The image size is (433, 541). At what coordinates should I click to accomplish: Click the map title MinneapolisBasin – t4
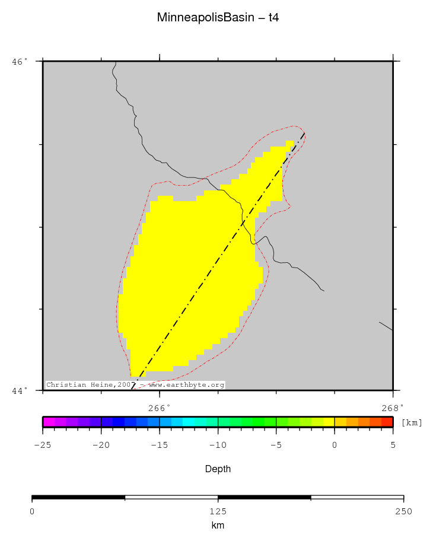(218, 18)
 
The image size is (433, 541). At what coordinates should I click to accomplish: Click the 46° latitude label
(20, 61)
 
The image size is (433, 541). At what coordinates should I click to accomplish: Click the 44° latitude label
(20, 390)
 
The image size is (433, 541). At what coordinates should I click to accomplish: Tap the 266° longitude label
(159, 408)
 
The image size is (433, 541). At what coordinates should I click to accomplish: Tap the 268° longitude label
(392, 408)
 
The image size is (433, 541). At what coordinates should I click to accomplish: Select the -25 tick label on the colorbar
(42, 445)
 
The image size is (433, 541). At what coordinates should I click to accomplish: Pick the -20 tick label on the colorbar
(101, 445)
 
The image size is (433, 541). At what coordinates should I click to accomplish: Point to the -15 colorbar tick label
(159, 445)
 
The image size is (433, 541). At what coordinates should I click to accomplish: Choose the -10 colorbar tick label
(218, 445)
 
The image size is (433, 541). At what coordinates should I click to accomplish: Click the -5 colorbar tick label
(276, 445)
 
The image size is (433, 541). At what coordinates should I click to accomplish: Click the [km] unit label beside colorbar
(412, 422)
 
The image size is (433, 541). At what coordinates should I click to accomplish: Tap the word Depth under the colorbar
(218, 469)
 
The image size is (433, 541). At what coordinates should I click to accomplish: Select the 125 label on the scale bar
(218, 511)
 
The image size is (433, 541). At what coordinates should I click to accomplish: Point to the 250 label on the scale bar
(403, 511)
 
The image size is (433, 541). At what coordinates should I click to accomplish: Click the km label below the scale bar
(218, 526)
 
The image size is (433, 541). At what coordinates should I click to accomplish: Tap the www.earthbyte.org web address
(186, 385)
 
